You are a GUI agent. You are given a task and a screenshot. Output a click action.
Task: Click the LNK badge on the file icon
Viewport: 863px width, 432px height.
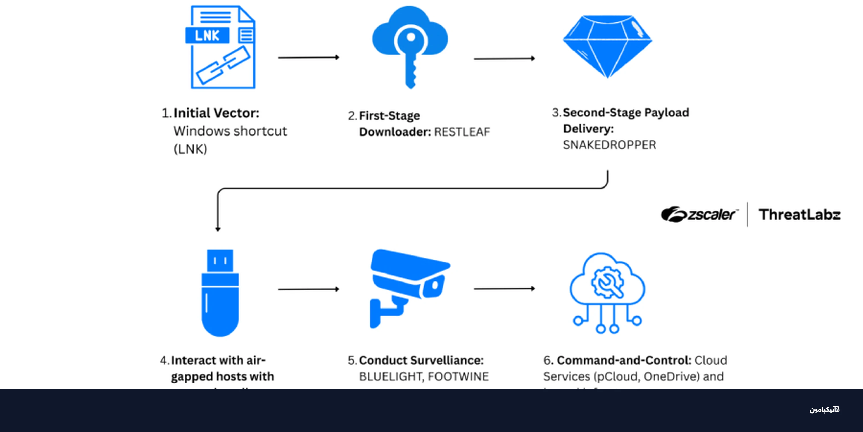(207, 35)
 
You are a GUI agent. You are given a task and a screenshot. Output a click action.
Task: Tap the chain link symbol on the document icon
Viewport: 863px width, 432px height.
(223, 65)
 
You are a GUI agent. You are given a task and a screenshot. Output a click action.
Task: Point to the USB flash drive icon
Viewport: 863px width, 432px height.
(220, 293)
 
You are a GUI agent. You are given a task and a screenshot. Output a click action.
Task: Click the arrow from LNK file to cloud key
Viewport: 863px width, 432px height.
(308, 58)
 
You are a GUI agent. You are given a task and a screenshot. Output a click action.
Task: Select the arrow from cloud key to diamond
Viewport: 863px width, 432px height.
(504, 59)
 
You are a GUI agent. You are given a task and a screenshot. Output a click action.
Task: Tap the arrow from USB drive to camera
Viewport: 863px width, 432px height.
(308, 289)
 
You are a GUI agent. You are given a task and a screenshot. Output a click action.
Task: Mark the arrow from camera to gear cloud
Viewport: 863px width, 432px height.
(504, 289)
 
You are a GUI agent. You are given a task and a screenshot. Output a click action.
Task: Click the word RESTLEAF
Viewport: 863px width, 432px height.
(462, 132)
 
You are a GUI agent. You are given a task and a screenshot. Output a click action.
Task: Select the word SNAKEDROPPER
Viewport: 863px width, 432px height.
(609, 145)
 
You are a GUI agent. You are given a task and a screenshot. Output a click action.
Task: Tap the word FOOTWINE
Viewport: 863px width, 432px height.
(458, 377)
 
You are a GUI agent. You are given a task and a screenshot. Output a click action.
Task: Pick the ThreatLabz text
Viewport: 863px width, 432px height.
(799, 215)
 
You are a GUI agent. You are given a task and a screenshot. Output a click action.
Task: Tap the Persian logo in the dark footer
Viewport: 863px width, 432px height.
(824, 410)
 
